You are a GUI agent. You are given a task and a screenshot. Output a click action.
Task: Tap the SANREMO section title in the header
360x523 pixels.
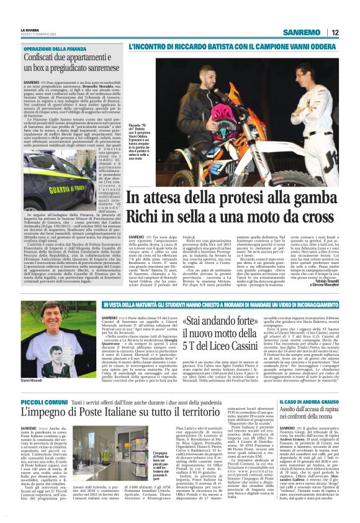pos(302,32)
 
